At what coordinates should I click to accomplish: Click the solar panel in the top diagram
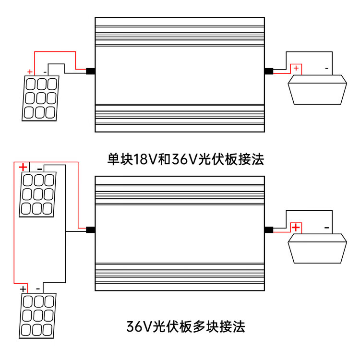pyautogui.click(x=40, y=98)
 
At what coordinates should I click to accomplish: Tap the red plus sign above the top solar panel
pyautogui.click(x=30, y=72)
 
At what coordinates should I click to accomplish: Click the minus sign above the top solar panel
pyautogui.click(x=45, y=72)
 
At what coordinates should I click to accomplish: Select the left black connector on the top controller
pyautogui.click(x=90, y=72)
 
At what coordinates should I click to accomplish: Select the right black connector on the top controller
pyautogui.click(x=269, y=72)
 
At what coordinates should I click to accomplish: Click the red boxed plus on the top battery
pyautogui.click(x=296, y=69)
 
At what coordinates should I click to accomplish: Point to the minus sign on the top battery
pyautogui.click(x=327, y=69)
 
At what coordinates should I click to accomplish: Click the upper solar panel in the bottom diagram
pyautogui.click(x=37, y=194)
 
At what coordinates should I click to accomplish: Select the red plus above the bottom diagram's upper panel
pyautogui.click(x=23, y=167)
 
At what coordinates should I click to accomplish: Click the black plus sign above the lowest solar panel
pyautogui.click(x=23, y=289)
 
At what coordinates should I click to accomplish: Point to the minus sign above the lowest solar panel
pyautogui.click(x=37, y=289)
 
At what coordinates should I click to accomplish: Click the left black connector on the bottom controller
pyautogui.click(x=90, y=229)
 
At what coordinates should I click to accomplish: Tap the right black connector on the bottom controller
pyautogui.click(x=269, y=229)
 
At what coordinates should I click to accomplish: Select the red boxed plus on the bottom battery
pyautogui.click(x=296, y=227)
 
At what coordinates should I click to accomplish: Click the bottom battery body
pyautogui.click(x=317, y=249)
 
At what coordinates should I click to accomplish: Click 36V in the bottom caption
pyautogui.click(x=139, y=327)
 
